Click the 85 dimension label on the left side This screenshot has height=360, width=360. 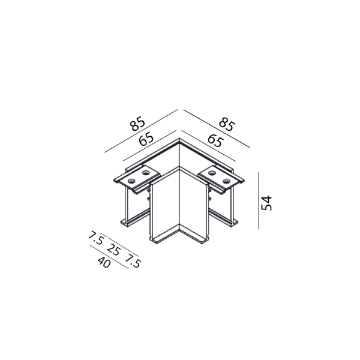click(x=137, y=124)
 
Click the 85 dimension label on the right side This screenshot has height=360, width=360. click(x=227, y=124)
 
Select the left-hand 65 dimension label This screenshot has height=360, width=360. click(x=146, y=139)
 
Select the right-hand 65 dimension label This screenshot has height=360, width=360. click(x=215, y=141)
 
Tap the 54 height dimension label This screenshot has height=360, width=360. click(x=266, y=203)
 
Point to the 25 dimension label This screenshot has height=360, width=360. click(x=113, y=250)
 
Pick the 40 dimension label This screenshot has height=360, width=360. click(x=104, y=262)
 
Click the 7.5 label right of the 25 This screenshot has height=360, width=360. click(x=133, y=261)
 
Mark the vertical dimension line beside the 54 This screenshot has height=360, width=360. click(x=259, y=200)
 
